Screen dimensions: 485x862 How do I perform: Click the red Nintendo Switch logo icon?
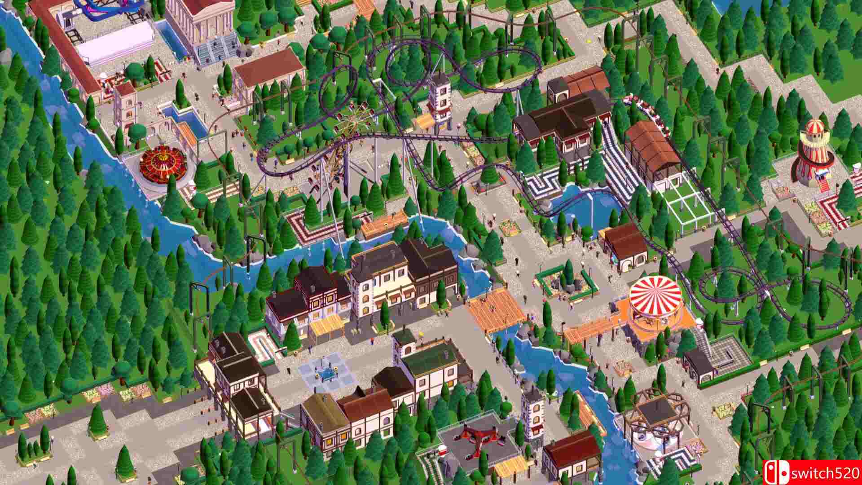[x=776, y=473]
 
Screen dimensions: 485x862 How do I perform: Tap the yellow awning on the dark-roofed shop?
[x=327, y=324]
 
